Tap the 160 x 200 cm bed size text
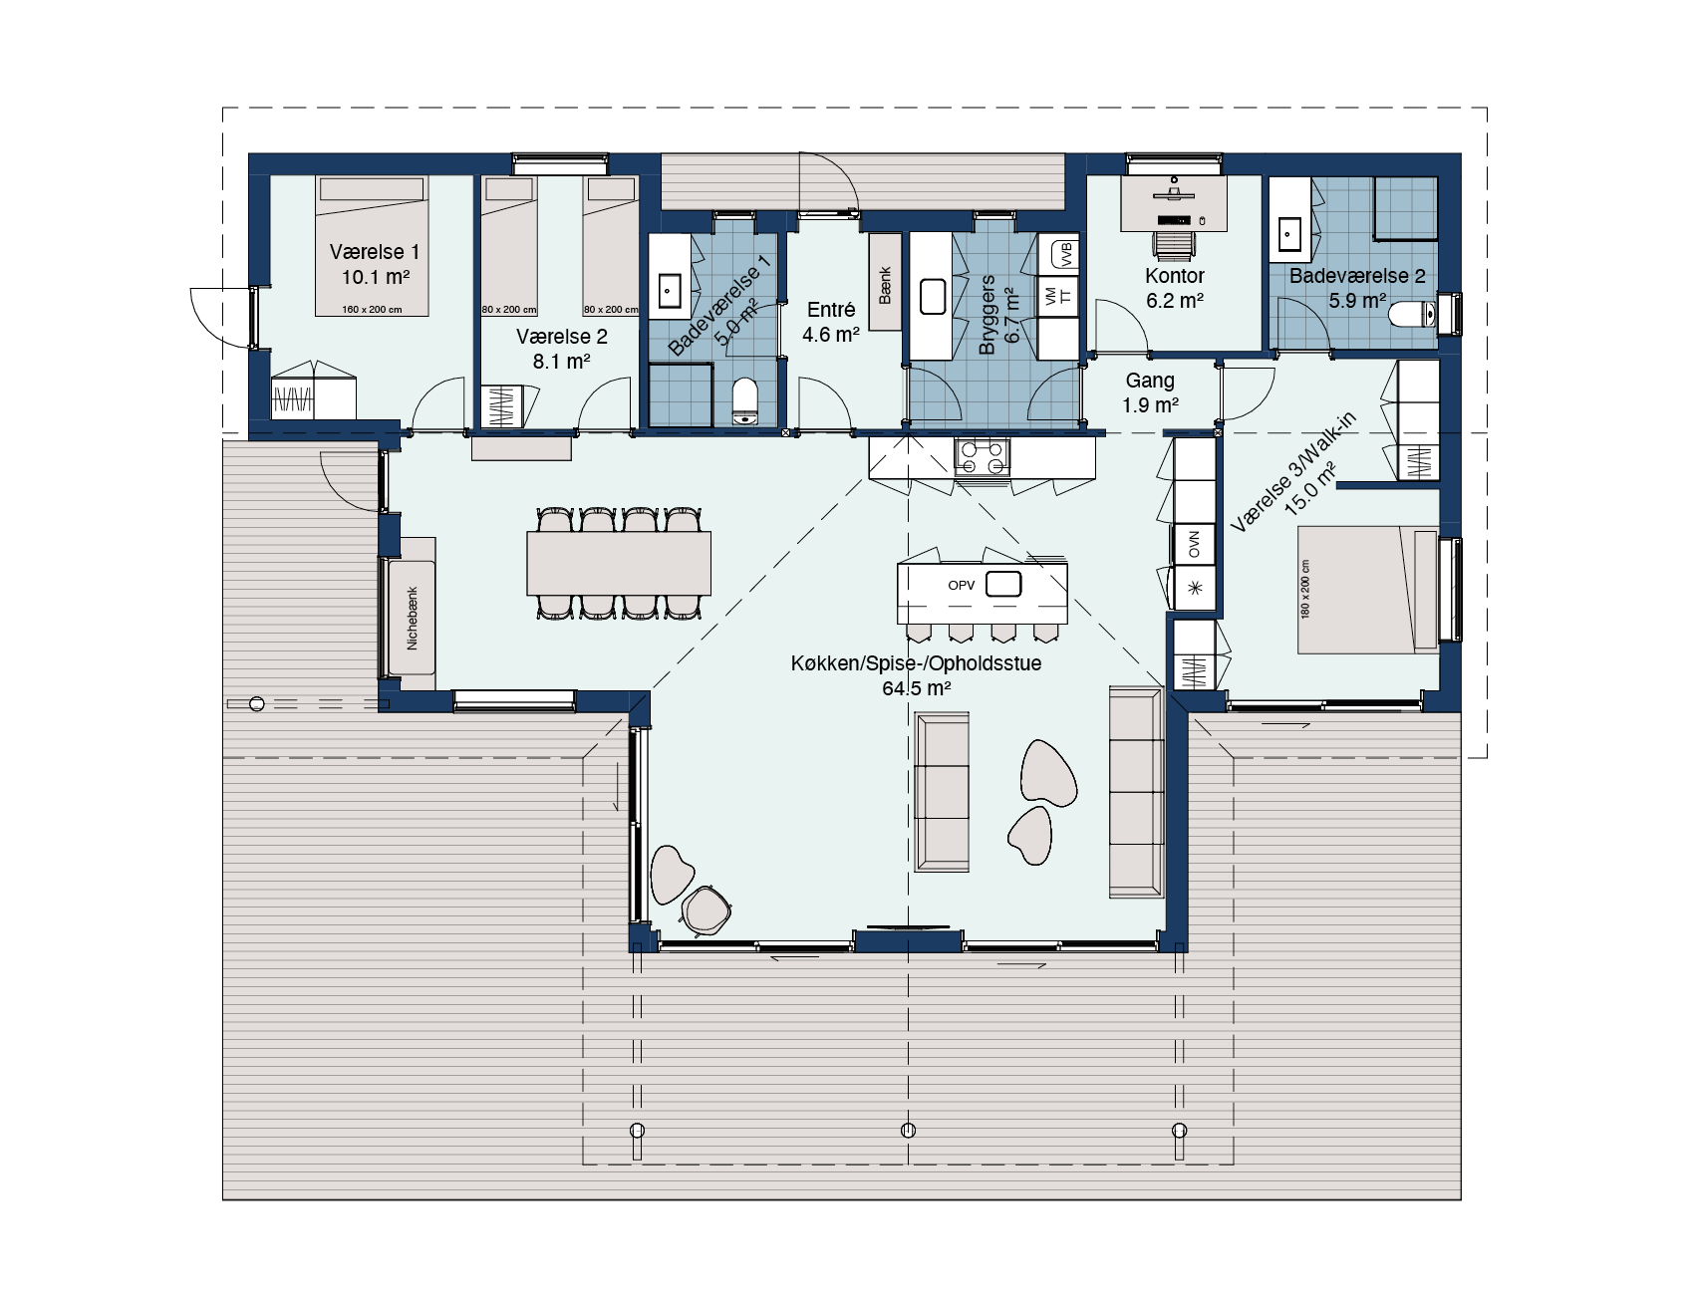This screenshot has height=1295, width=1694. [372, 310]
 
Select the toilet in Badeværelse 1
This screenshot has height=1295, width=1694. [744, 401]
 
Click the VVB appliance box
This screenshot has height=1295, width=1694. [1064, 254]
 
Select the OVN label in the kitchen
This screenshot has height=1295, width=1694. [1194, 545]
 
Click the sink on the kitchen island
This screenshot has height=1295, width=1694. [1003, 584]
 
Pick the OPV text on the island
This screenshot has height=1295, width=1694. [962, 586]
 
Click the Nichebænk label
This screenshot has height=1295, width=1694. [412, 618]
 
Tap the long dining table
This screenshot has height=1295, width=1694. [619, 563]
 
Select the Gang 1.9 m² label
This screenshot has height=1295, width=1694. [1150, 392]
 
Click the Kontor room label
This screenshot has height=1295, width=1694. [1175, 276]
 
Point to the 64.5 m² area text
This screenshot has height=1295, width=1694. [916, 687]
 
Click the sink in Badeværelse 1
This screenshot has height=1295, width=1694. [669, 290]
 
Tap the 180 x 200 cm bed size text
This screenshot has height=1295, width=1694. [1305, 589]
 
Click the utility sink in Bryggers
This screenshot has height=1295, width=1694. [933, 297]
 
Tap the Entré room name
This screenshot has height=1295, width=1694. [831, 310]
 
